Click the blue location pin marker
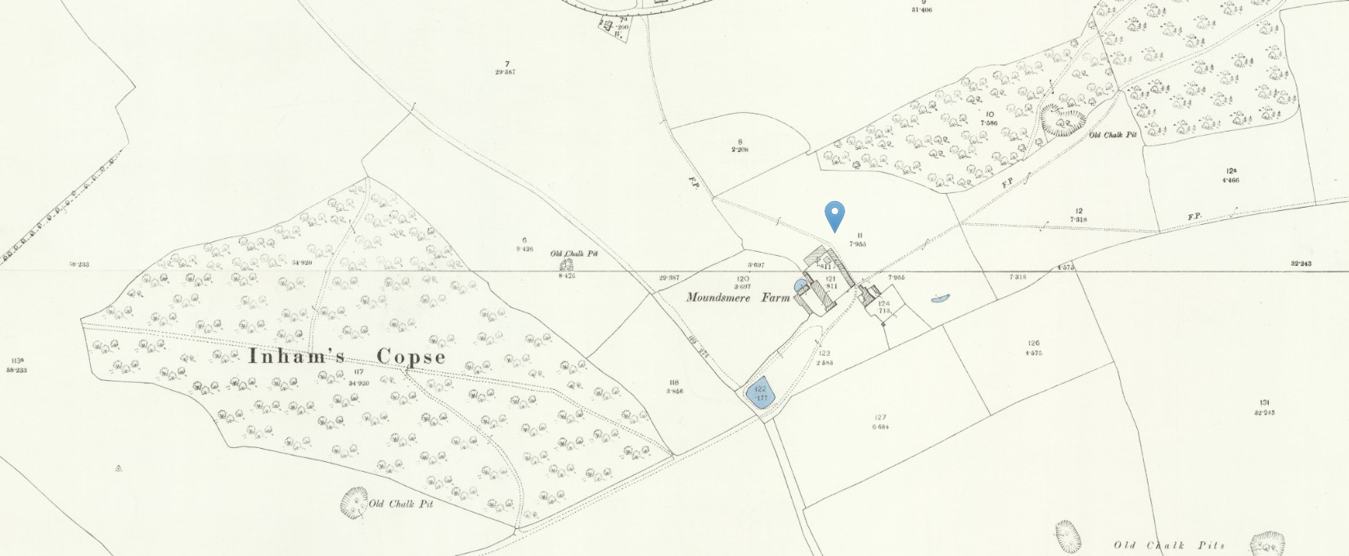(834, 215)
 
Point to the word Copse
(411, 357)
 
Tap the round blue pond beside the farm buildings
(800, 285)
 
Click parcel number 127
(880, 418)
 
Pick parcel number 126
(1033, 343)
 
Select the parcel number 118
(674, 383)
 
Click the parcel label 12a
(1231, 171)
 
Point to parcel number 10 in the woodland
(990, 114)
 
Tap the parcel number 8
(740, 141)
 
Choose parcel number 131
(1264, 402)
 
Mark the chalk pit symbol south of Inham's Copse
(353, 500)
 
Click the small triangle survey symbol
(119, 469)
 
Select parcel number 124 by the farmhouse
(884, 303)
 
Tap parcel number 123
(823, 353)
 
